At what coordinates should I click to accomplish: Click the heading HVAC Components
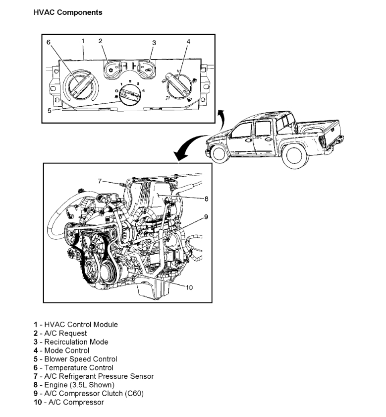(68, 12)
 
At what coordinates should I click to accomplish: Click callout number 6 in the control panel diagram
(49, 42)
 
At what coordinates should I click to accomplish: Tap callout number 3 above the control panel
(154, 43)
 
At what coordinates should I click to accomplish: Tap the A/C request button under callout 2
(114, 68)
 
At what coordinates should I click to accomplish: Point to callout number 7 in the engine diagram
(99, 181)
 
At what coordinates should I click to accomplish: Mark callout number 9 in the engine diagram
(206, 217)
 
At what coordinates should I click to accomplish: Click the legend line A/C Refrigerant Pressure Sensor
(94, 376)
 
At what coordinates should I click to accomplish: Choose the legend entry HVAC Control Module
(76, 325)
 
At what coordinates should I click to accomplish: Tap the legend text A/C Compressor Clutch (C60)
(89, 394)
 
